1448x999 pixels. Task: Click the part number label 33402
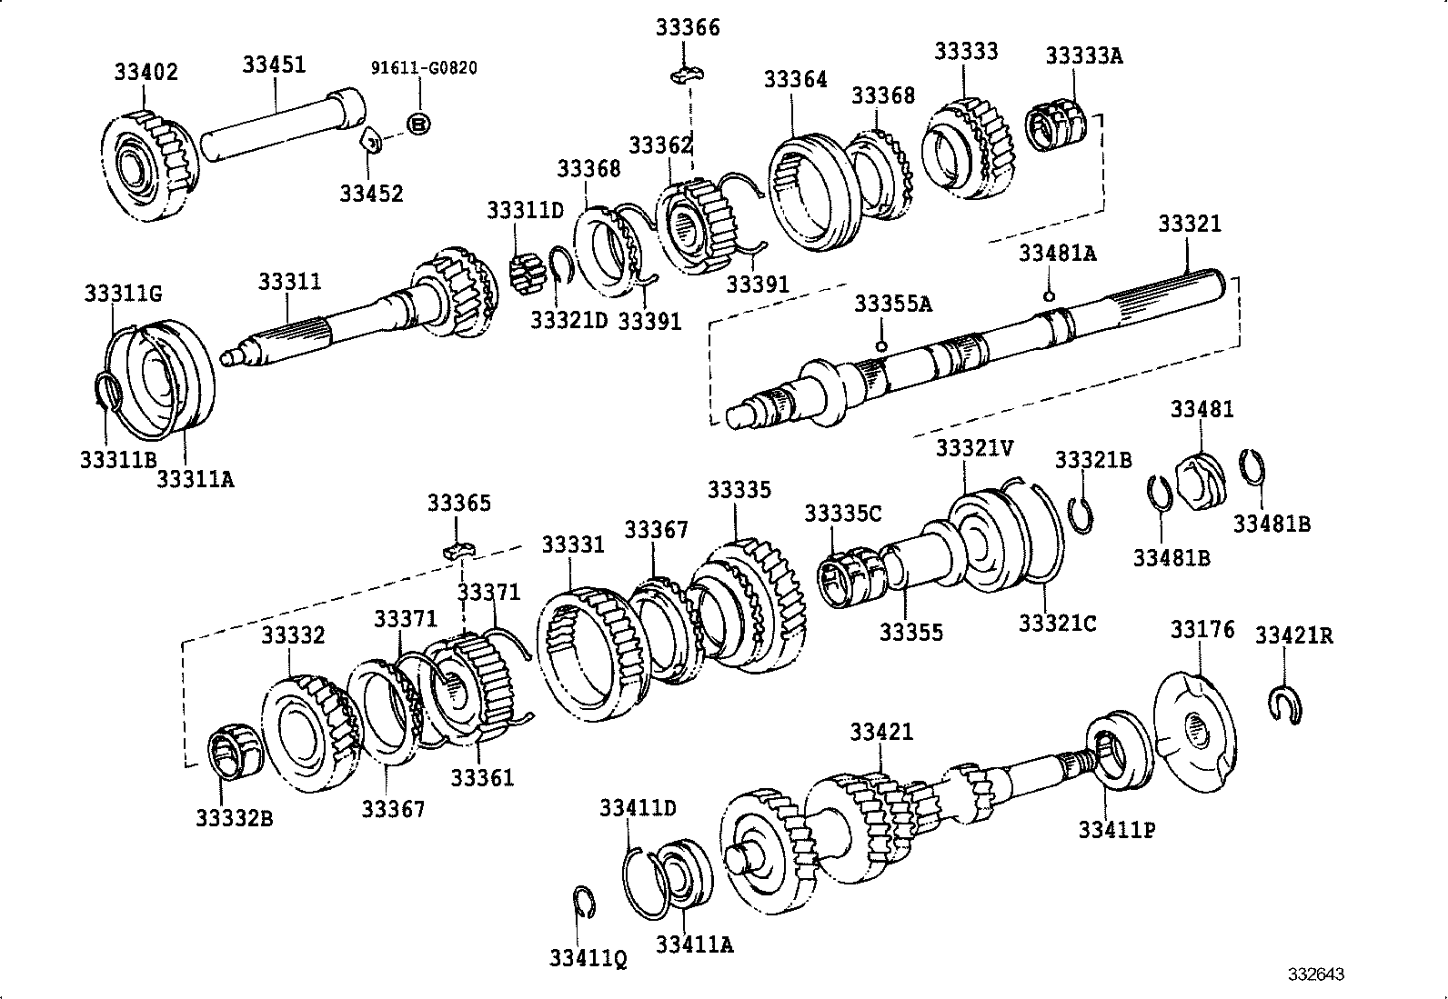[x=146, y=72]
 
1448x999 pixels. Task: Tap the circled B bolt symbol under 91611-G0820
[x=418, y=123]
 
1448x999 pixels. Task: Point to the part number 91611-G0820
[x=424, y=67]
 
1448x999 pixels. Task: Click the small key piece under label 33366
[x=688, y=75]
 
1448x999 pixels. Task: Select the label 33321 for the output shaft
[x=1189, y=224]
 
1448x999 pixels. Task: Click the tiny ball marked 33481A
[x=1049, y=295]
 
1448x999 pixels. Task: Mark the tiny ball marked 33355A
[x=880, y=345]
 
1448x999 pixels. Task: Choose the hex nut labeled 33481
[x=1200, y=478]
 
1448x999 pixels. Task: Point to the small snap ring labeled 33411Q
[x=585, y=900]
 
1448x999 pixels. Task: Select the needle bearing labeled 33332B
[x=236, y=752]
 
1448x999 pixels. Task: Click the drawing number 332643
[x=1315, y=974]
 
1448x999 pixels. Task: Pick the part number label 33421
[x=881, y=732]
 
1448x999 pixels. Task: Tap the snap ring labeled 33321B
[x=1082, y=516]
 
